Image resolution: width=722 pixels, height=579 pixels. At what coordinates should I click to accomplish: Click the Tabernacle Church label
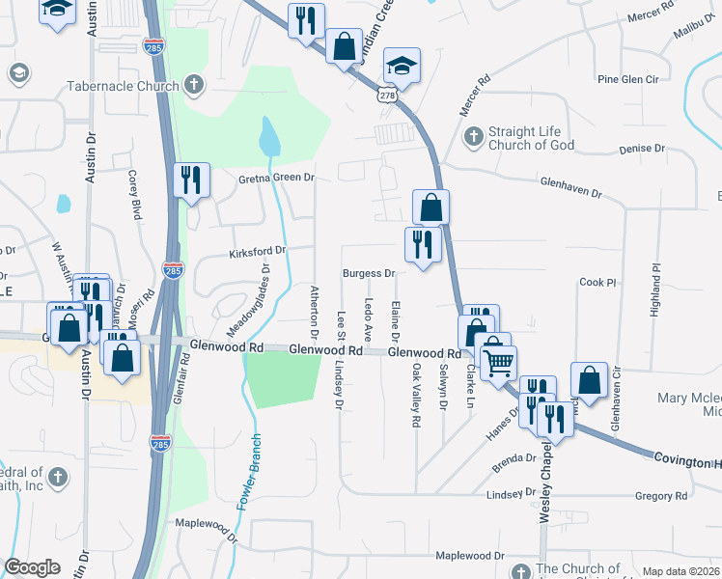pos(123,86)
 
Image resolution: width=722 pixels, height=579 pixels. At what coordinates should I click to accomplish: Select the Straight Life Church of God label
pos(531,138)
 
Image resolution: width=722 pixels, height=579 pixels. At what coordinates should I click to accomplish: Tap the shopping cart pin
pos(499,363)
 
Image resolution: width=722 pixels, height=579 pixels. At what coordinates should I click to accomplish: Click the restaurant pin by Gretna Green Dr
pos(190,180)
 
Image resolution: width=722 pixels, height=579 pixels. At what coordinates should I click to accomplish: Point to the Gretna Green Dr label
pos(277,178)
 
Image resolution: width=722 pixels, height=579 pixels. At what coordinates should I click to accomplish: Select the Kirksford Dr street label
pos(258,251)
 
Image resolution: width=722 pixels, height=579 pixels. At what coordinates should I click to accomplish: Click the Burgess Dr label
pos(370,274)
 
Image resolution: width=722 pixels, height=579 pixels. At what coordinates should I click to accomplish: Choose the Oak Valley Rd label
pos(417,396)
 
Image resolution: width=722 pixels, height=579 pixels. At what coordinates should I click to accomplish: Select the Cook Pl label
pos(597,282)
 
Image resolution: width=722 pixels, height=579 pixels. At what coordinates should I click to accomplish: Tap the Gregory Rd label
pos(661,496)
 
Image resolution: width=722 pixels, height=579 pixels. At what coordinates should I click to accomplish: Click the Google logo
pos(32,566)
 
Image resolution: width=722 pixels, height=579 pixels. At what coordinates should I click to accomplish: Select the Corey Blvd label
pos(134,193)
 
